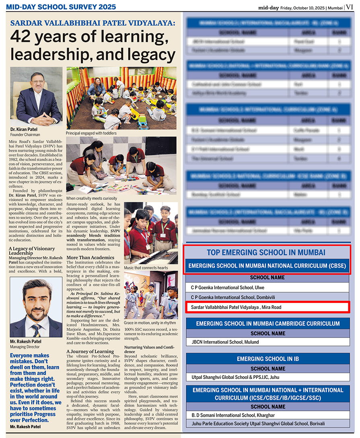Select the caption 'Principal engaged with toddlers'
(91, 133)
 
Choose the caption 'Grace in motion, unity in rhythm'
(150, 323)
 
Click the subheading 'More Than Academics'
(91, 257)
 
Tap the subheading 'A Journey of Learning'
(90, 352)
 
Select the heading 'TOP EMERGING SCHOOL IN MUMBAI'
(266, 252)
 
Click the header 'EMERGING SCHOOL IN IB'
(267, 359)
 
